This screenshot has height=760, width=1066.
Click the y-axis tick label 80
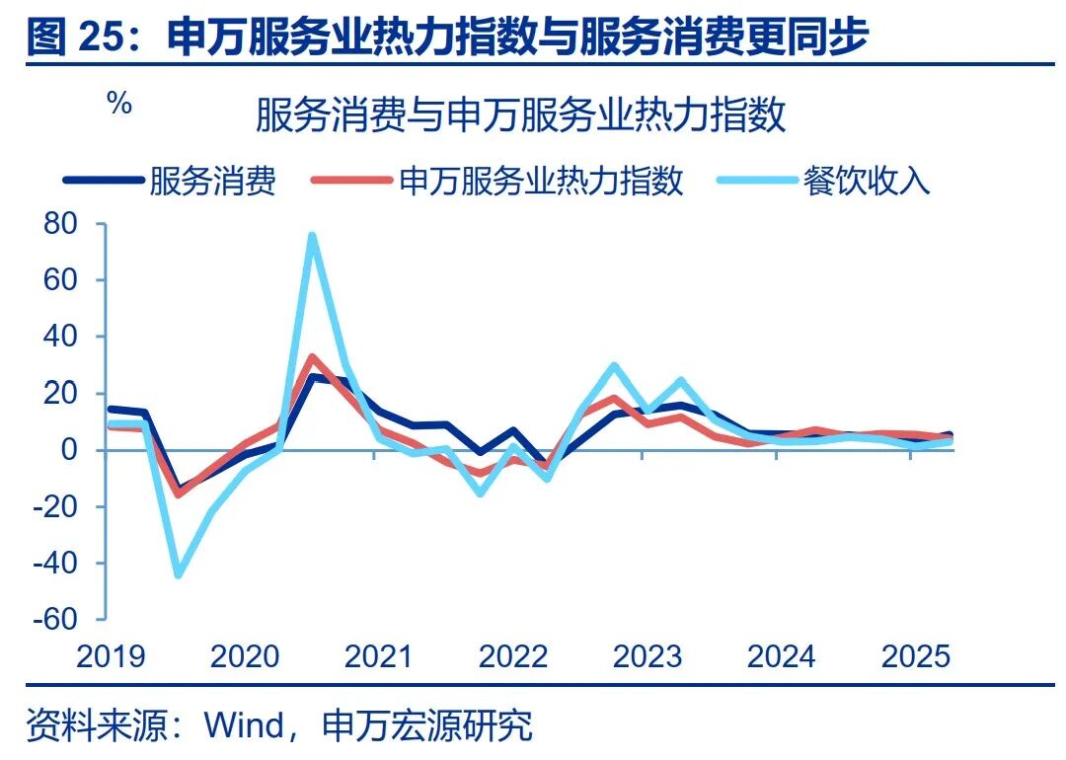click(60, 224)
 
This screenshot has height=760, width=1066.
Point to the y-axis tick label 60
click(60, 280)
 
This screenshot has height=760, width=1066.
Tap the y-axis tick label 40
click(60, 338)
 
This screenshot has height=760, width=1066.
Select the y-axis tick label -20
click(55, 507)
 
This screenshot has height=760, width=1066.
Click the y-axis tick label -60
click(55, 620)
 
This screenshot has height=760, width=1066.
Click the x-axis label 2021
click(378, 657)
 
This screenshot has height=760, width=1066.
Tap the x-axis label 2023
click(647, 657)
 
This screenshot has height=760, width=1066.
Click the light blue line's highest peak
click(312, 236)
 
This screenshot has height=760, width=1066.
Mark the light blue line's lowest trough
click(178, 574)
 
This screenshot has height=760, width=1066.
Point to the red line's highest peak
click(312, 357)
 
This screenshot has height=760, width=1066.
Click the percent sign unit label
click(119, 104)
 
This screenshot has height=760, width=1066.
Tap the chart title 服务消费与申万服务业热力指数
click(520, 115)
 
